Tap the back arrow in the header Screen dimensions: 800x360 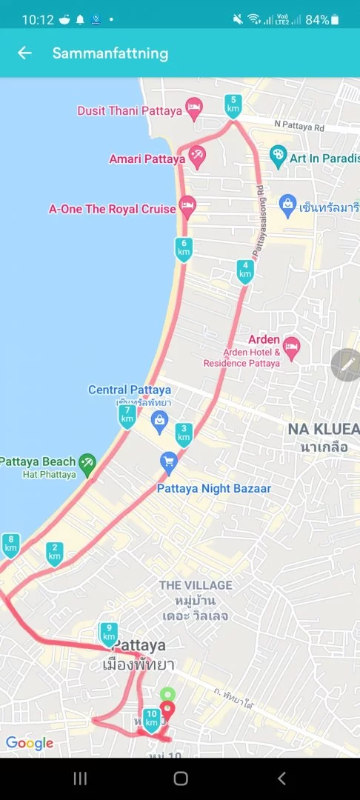pos(25,53)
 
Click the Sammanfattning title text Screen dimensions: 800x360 pos(110,53)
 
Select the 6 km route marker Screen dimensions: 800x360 pos(184,249)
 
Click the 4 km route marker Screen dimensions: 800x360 pos(245,271)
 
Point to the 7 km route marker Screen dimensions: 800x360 pos(127,416)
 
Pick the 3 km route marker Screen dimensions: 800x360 pos(184,434)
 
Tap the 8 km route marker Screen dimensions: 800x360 pos(10,545)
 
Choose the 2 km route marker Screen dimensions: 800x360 pos(54,553)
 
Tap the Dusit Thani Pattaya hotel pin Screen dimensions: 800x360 pos(193,110)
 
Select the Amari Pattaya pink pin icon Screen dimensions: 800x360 pos(197,157)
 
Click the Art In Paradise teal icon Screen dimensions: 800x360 pos(278,156)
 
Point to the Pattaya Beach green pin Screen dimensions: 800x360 pos(87,463)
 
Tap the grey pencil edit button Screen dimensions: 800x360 pos(346,364)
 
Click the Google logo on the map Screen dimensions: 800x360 pos(30,743)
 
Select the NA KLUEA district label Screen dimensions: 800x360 pos(323,430)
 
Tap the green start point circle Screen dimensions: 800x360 pos(167,694)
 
